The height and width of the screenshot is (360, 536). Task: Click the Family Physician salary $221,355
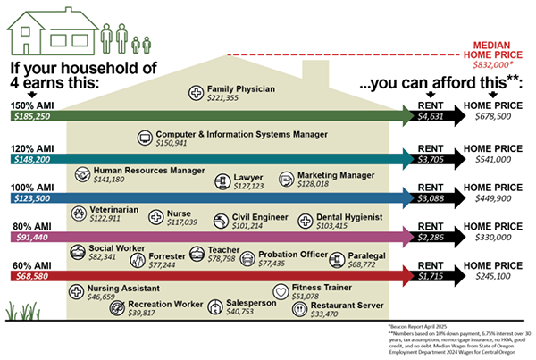point(225,99)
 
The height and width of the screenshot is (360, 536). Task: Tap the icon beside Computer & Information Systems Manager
point(147,138)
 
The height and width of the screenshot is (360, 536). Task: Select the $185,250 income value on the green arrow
point(34,116)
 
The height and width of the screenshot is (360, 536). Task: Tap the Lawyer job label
point(248,177)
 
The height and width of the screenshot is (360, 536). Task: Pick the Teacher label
point(223,251)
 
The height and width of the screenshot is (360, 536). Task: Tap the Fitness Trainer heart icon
point(280,290)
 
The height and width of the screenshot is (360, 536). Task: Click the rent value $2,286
point(432,239)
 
